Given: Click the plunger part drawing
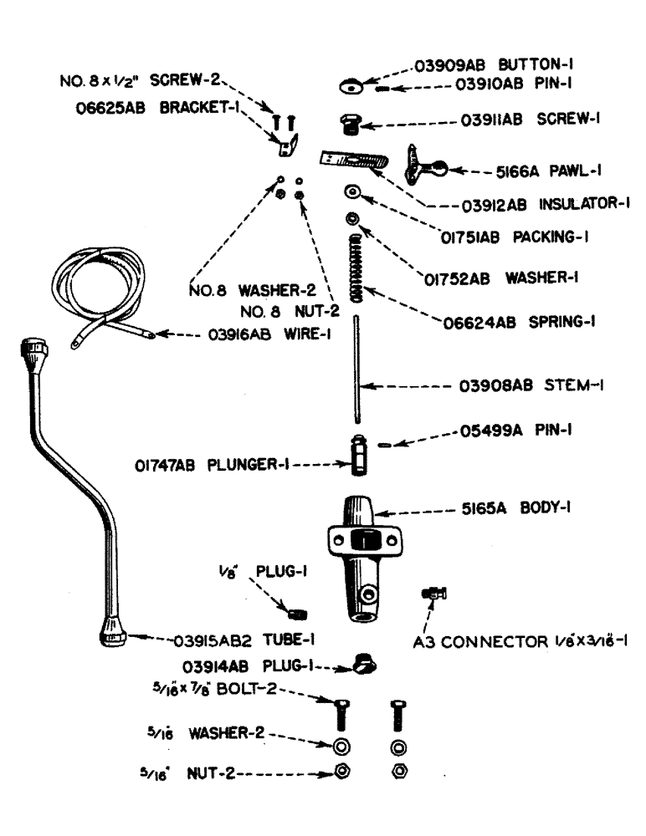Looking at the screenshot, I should coord(359,455).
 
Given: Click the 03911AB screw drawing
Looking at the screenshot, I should coord(350,125).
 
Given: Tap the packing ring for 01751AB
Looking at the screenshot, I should coord(352,193).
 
